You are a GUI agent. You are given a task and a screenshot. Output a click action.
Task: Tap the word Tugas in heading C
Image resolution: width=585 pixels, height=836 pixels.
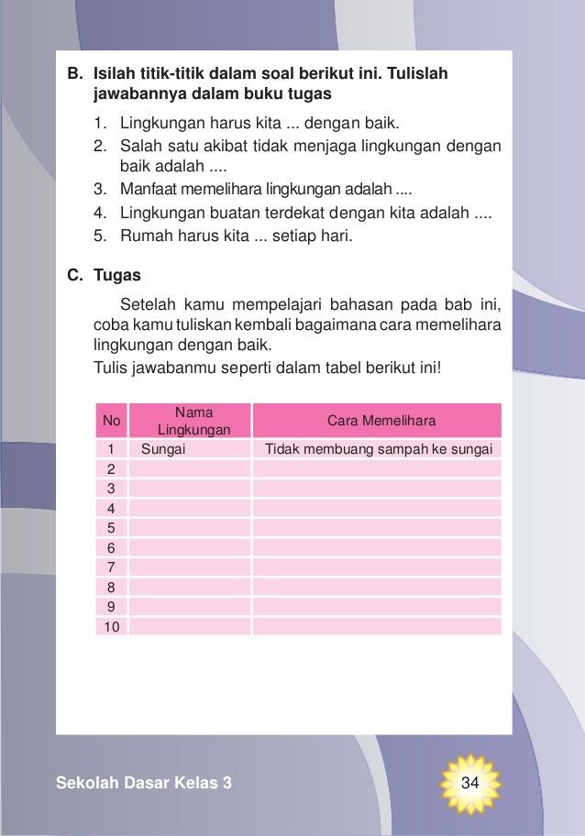(x=111, y=273)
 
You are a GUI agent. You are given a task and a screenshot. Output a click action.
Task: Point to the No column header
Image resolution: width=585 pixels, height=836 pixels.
(x=112, y=421)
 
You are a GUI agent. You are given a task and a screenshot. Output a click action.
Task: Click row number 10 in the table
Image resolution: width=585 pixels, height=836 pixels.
(x=110, y=626)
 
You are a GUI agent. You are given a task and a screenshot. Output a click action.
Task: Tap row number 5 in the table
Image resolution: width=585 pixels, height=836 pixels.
(x=110, y=527)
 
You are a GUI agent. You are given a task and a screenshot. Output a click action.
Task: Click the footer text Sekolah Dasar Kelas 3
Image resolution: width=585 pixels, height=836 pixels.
(x=144, y=784)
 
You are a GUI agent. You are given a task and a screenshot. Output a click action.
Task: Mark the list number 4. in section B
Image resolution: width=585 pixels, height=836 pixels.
(x=100, y=214)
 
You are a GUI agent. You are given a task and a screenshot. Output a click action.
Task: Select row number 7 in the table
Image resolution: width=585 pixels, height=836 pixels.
(x=110, y=566)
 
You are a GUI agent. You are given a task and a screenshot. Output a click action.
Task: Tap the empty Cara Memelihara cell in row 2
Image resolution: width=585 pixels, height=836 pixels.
(x=377, y=467)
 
